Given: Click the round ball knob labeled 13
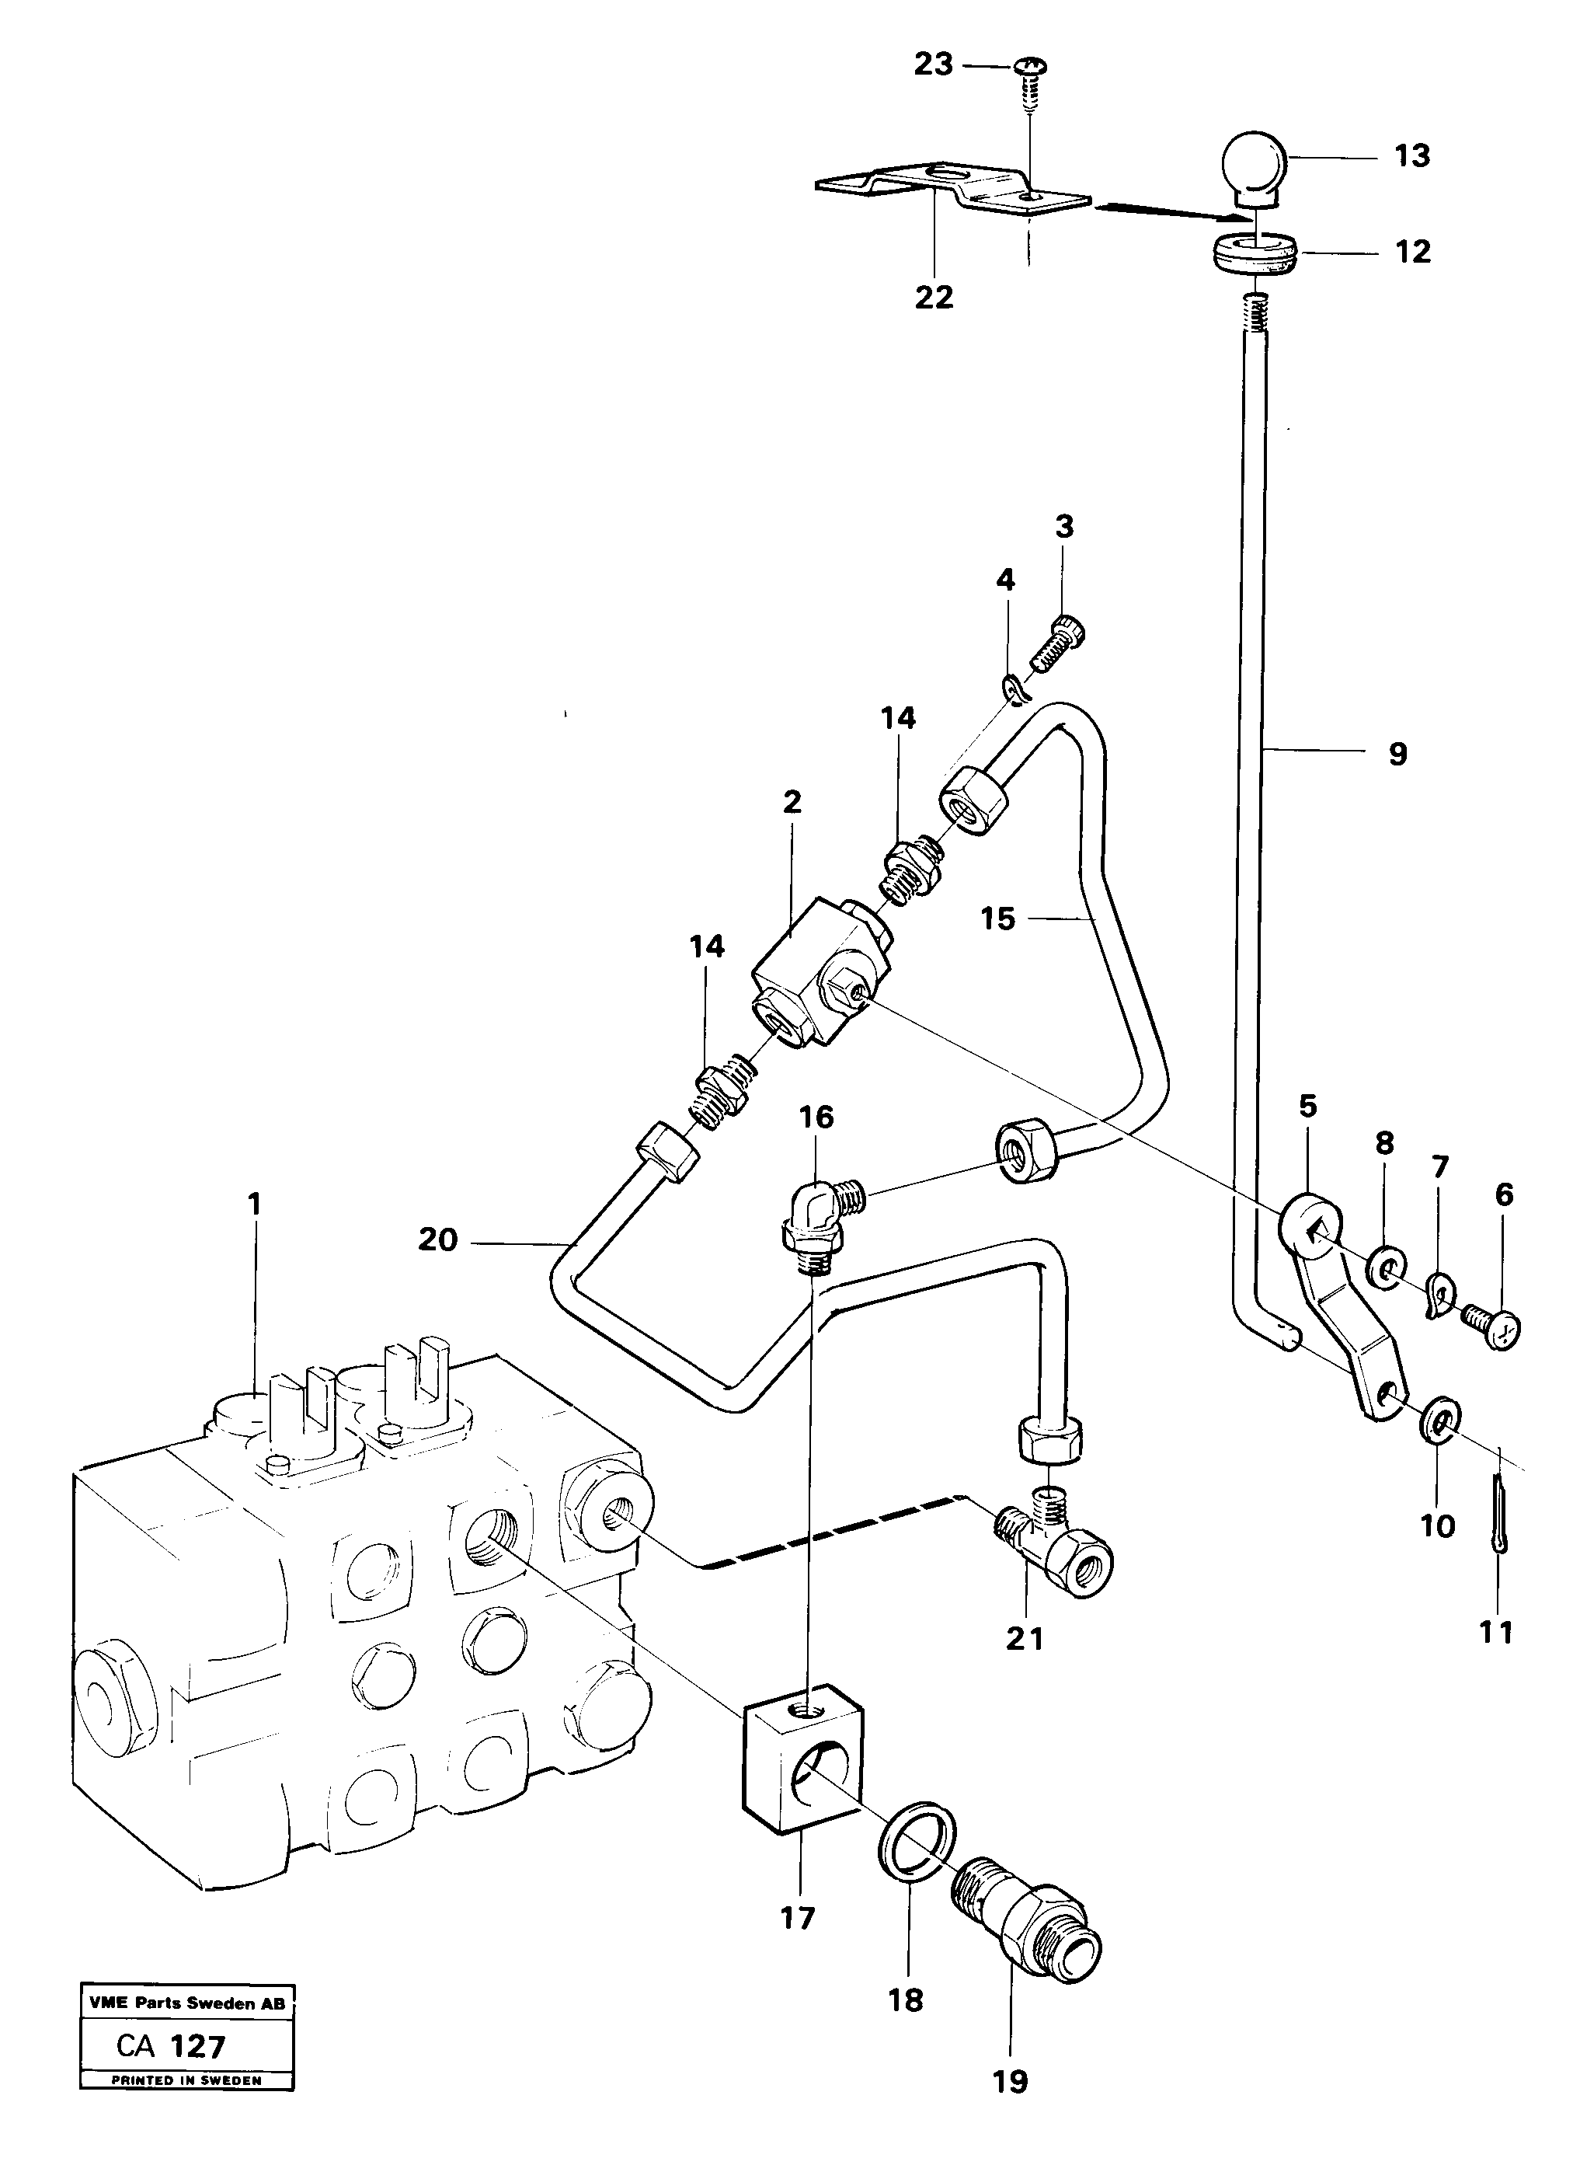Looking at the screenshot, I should tap(1255, 165).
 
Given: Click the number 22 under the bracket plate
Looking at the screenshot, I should tap(934, 298).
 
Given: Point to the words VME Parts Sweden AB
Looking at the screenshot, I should tap(186, 2003).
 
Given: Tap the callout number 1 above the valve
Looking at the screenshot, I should tap(254, 1204).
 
